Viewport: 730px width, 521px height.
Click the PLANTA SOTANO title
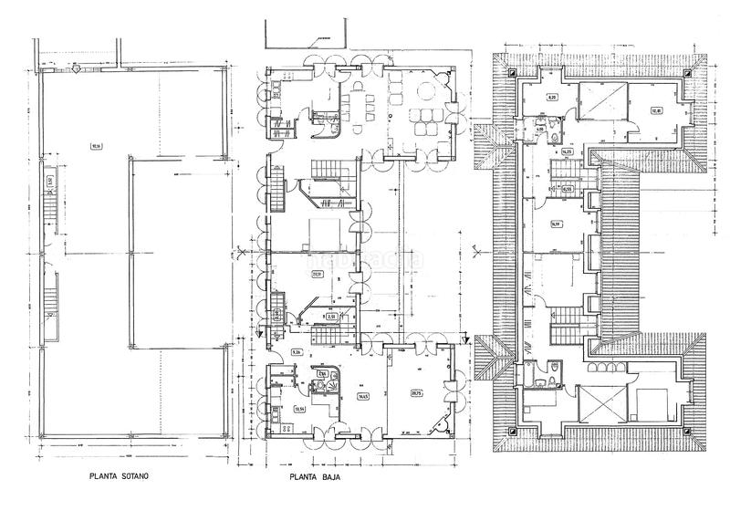pyautogui.click(x=120, y=476)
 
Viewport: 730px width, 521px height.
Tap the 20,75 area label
pyautogui.click(x=416, y=393)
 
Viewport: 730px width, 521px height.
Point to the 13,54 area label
pyautogui.click(x=297, y=409)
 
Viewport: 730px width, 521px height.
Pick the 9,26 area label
pyautogui.click(x=297, y=351)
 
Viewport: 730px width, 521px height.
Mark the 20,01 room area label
pyautogui.click(x=317, y=273)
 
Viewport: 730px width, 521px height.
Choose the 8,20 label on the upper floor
pyautogui.click(x=552, y=96)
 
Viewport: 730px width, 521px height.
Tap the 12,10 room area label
pyautogui.click(x=655, y=111)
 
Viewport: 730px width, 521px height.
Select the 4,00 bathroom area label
pyautogui.click(x=540, y=130)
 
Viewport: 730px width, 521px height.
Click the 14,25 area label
pyautogui.click(x=566, y=151)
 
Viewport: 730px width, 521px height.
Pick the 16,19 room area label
pyautogui.click(x=555, y=223)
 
